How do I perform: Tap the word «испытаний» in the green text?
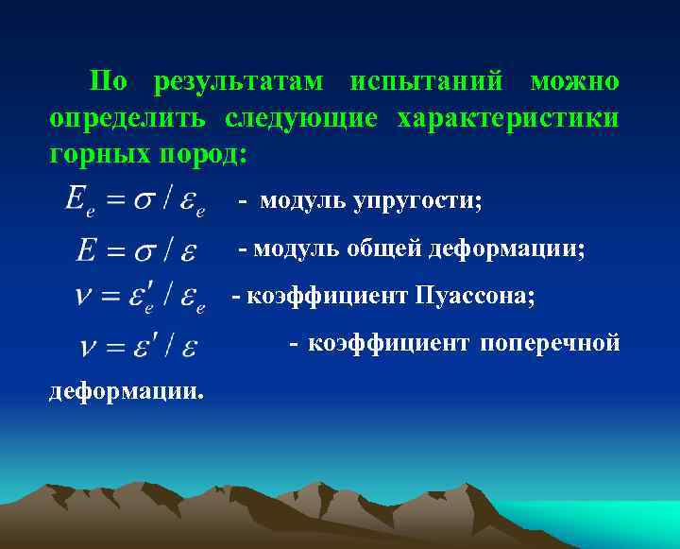coord(426,82)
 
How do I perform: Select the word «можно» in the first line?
coord(574,82)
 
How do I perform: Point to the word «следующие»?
coord(300,120)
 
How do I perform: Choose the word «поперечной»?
coord(550,343)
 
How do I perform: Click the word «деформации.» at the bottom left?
coord(126,390)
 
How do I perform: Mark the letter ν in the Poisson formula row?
coord(84,297)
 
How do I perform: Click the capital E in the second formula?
coord(87,250)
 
